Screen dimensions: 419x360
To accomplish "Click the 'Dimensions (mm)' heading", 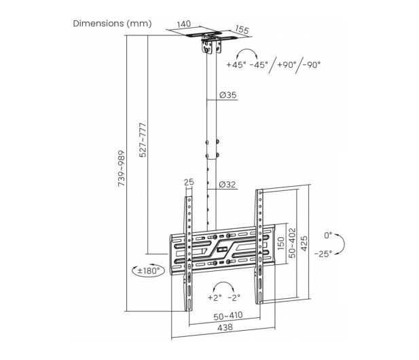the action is coord(112,24).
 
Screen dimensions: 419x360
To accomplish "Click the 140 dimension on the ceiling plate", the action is coord(184,24).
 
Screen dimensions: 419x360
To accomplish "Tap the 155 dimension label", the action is coord(242,29).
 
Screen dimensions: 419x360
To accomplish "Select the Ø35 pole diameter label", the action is coord(228,95).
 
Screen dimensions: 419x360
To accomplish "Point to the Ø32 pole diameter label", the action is coord(227,184).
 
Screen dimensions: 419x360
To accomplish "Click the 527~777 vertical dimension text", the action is coord(143,140).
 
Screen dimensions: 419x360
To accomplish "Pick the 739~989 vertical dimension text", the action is coord(122,168).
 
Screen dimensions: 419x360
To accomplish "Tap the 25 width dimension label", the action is coord(189,182).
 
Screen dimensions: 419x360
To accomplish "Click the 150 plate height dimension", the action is coord(281,243).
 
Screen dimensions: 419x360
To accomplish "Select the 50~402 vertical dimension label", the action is coord(293,243).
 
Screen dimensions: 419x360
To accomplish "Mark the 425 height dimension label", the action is coord(304,243).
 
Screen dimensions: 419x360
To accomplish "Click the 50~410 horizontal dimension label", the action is coord(228,316).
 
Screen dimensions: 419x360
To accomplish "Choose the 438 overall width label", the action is coord(225,327).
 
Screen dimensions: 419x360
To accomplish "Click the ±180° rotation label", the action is coord(149,271).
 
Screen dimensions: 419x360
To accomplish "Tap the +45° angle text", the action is coord(236,65).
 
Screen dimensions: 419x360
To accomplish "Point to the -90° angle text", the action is coord(312,65).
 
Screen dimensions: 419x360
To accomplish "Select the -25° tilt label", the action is coord(323,253).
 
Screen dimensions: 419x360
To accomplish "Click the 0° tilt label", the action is coord(328,236).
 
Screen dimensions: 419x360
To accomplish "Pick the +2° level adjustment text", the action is coord(215,298).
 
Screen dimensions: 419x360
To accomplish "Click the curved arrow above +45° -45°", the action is coord(247,49).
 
